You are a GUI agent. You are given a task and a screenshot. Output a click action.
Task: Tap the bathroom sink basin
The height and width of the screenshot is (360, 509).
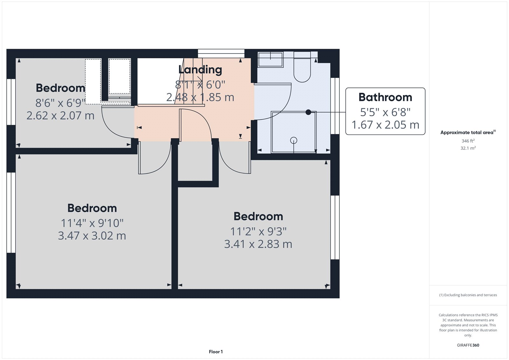(270, 60)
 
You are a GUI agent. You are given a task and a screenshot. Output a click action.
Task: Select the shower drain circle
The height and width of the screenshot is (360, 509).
(294, 140)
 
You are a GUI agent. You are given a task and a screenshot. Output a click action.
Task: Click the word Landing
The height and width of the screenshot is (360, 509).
(200, 69)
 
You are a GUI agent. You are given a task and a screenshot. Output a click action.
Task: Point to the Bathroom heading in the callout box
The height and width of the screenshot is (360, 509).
(385, 97)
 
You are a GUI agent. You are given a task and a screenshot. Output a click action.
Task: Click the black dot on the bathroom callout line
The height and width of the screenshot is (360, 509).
(308, 112)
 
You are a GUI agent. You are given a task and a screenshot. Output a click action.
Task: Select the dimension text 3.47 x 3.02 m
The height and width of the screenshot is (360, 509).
(92, 236)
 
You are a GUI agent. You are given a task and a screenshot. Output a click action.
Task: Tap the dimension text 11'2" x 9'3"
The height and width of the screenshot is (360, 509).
(258, 231)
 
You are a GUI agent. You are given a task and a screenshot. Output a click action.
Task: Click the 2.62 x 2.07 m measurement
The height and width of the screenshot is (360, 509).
(60, 116)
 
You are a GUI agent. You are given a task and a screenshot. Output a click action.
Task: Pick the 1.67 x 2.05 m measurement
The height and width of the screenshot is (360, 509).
(385, 125)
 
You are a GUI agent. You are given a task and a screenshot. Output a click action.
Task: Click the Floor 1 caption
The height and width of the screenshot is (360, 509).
(216, 352)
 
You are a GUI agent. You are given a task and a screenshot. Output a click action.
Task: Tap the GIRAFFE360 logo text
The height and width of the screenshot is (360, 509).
(468, 345)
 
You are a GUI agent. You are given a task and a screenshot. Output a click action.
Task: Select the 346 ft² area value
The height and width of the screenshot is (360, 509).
(468, 141)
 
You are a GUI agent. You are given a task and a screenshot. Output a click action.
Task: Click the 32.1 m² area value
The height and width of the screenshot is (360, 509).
(468, 148)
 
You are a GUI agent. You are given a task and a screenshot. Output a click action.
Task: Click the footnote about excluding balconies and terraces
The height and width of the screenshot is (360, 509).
(468, 295)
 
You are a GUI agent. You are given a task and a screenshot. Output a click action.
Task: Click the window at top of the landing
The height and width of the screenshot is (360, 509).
(221, 53)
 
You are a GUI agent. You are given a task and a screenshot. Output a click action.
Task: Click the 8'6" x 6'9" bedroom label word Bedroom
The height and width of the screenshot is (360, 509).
(60, 88)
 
